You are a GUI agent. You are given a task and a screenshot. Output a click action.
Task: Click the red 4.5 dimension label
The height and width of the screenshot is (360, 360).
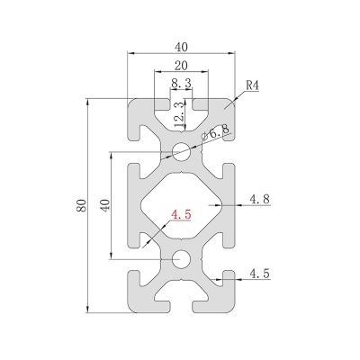tap(181, 214)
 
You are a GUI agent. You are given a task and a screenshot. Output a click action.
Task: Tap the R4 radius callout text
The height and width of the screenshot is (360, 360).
tap(252, 85)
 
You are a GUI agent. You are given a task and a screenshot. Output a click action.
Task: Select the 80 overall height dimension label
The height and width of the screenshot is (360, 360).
tap(82, 205)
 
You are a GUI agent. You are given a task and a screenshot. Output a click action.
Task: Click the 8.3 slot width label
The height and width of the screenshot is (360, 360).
tap(181, 83)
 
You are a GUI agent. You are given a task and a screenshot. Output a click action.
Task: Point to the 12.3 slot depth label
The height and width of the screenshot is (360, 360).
tap(179, 114)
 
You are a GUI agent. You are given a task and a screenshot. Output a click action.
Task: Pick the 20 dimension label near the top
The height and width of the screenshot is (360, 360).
tap(181, 66)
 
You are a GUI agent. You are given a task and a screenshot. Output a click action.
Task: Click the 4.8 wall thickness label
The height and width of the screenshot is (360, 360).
tap(260, 199)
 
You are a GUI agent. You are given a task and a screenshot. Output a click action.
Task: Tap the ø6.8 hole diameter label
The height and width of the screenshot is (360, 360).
tap(215, 132)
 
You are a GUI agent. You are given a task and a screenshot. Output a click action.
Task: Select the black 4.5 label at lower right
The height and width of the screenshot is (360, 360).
tap(260, 274)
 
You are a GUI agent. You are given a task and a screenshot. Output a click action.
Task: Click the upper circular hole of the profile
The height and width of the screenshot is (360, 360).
tap(181, 152)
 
